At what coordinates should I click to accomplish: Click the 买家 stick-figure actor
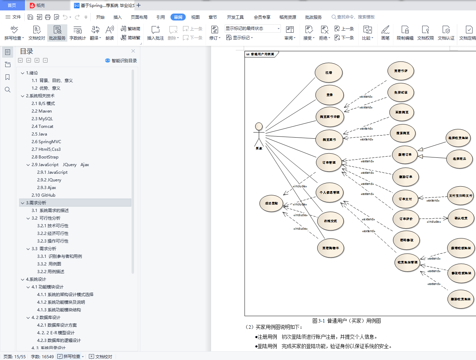(259, 134)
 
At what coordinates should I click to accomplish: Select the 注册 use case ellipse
(328, 73)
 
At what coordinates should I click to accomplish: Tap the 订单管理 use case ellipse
(329, 163)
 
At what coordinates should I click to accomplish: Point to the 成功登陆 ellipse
(271, 203)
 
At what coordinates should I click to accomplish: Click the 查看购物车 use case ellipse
(331, 248)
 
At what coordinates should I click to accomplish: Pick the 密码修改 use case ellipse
(406, 240)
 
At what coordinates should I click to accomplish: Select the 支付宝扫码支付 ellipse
(460, 196)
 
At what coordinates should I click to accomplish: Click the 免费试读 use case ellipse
(401, 92)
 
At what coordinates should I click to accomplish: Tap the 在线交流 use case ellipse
(330, 221)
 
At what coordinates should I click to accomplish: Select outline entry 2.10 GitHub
(43, 195)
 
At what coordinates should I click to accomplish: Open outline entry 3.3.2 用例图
(49, 264)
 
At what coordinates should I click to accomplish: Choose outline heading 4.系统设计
(36, 279)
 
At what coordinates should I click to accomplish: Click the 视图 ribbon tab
(195, 17)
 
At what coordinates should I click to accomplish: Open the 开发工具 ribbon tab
(235, 17)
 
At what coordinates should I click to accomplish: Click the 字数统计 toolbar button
(77, 33)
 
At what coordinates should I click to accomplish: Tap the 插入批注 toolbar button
(155, 33)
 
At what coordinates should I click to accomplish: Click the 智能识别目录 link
(121, 60)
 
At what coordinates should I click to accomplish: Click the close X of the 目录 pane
(133, 51)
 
